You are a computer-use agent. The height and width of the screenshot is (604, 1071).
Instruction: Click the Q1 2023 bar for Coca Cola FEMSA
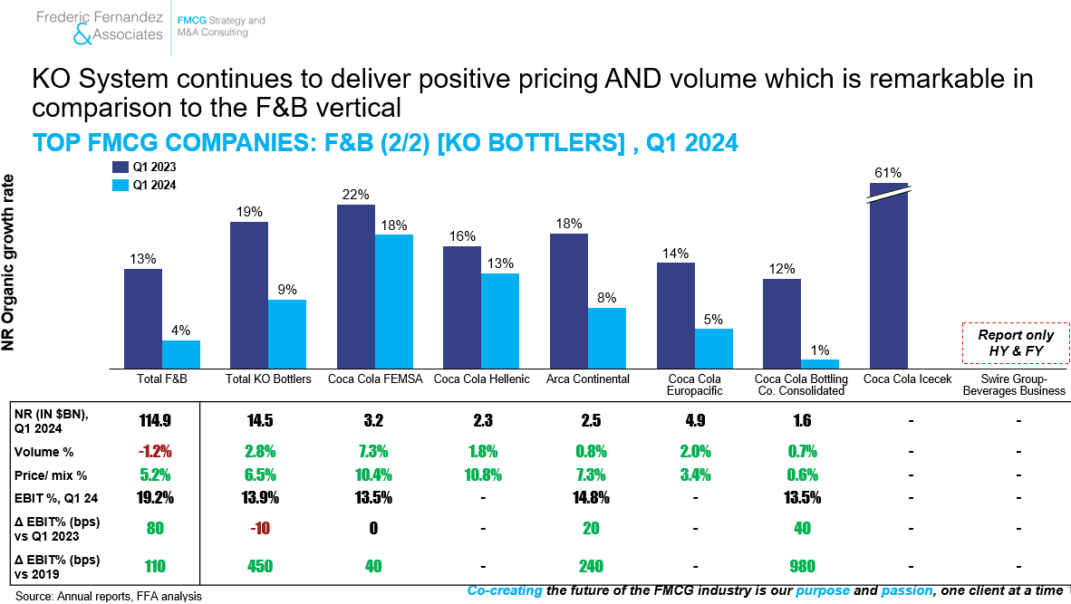[x=356, y=287]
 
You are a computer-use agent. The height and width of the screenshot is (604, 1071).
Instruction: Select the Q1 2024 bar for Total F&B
[x=181, y=355]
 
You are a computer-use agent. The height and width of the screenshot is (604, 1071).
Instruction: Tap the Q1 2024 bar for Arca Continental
[x=607, y=339]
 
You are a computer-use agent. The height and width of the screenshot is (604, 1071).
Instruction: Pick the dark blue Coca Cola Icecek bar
[x=889, y=275]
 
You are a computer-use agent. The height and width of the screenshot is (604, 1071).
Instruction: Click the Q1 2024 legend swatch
[x=121, y=185]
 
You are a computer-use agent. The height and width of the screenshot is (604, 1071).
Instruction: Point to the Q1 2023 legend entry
[x=144, y=168]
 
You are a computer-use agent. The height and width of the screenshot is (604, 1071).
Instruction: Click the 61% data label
[x=888, y=173]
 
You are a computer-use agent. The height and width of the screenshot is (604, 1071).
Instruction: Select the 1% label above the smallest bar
[x=820, y=350]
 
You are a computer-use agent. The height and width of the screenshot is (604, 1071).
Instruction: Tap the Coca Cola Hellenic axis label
[x=481, y=379]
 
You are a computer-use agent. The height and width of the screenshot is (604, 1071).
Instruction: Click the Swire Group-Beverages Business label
[x=1014, y=385]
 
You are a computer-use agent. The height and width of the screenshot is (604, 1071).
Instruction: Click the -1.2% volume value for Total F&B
[x=155, y=452]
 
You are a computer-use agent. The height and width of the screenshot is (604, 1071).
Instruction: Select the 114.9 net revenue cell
[x=155, y=420]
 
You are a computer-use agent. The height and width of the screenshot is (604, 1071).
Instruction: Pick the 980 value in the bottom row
[x=802, y=567]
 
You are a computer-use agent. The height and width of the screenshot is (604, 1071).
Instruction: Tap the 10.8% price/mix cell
[x=483, y=475]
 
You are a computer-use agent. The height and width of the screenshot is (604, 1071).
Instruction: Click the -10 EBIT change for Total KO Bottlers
[x=259, y=528]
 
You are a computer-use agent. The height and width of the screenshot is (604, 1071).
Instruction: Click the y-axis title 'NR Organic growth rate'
[x=8, y=263]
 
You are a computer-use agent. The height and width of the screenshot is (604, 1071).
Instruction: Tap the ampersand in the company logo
[x=82, y=34]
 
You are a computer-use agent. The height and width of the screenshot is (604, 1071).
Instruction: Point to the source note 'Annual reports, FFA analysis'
[x=129, y=596]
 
